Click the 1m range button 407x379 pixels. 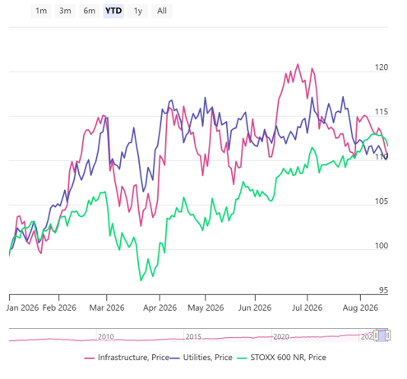(x=41, y=11)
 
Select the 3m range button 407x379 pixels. (x=65, y=11)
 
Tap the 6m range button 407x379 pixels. (x=90, y=11)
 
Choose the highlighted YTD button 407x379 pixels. (x=113, y=11)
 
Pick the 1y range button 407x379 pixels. (x=138, y=11)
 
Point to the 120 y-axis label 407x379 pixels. (x=382, y=67)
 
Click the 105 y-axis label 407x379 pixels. (x=382, y=201)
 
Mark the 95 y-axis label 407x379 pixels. (x=383, y=290)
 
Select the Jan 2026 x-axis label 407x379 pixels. (x=22, y=307)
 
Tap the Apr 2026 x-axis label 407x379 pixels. (x=160, y=307)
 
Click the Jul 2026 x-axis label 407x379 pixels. (x=307, y=307)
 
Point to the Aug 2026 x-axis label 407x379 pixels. (x=360, y=307)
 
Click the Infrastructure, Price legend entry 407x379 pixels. (x=127, y=358)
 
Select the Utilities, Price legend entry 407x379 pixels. (x=201, y=358)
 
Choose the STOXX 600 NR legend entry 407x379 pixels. (x=281, y=358)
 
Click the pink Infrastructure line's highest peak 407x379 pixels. (x=298, y=64)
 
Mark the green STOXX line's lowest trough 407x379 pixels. (x=141, y=280)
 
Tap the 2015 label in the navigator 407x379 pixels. (x=193, y=336)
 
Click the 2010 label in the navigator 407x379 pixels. (x=106, y=336)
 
